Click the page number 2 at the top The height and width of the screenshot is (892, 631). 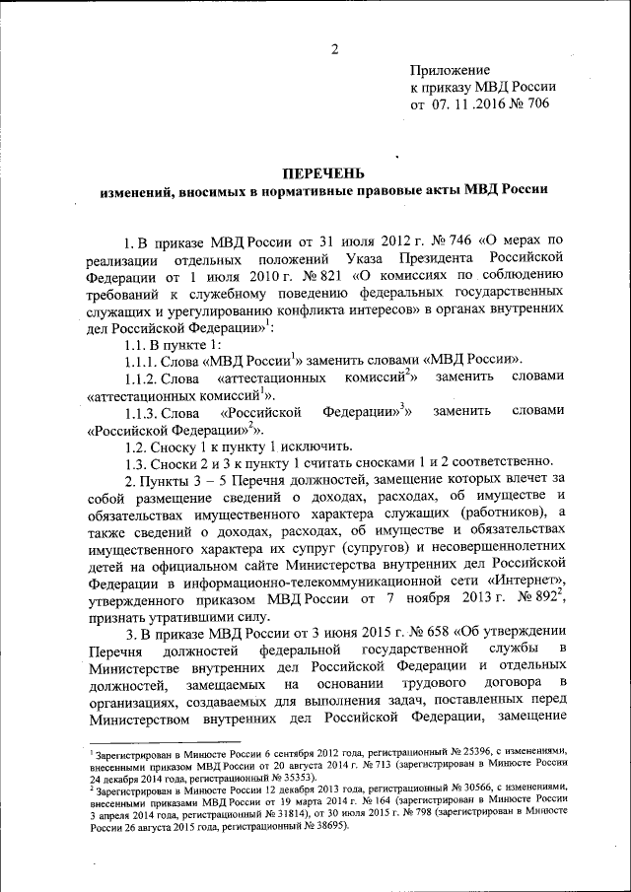[x=334, y=50]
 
